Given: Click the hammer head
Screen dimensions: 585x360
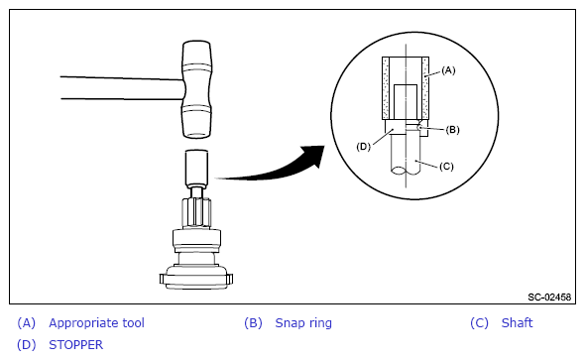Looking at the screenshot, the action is click(196, 89).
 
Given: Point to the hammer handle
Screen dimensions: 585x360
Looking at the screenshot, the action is click(122, 88).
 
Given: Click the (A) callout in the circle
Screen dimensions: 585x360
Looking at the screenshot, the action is click(448, 70).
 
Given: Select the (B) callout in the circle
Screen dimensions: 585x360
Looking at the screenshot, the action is click(452, 130).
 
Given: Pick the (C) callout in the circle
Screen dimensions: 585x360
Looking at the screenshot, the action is click(446, 166).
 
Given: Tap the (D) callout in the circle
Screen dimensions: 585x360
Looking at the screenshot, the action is click(363, 147).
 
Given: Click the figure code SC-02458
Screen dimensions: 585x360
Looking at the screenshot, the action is click(549, 297).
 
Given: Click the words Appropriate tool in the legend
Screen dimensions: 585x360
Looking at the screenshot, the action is click(96, 323).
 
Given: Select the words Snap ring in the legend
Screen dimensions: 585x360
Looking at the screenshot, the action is click(303, 323).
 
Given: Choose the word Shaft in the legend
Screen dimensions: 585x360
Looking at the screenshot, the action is click(517, 322).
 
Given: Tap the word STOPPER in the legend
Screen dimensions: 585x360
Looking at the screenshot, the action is click(75, 345).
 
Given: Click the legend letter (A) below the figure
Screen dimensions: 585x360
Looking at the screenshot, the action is click(26, 323).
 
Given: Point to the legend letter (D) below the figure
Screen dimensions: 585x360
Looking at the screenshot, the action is click(26, 345).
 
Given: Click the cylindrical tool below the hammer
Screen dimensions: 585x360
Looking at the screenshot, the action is click(196, 168).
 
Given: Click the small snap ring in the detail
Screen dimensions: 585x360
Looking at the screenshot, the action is click(419, 127).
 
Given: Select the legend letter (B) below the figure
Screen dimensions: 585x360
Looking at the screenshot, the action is click(253, 323).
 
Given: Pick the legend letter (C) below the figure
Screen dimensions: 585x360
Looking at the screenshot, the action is click(479, 323).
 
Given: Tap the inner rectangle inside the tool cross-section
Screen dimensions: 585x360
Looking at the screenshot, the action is click(406, 101).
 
